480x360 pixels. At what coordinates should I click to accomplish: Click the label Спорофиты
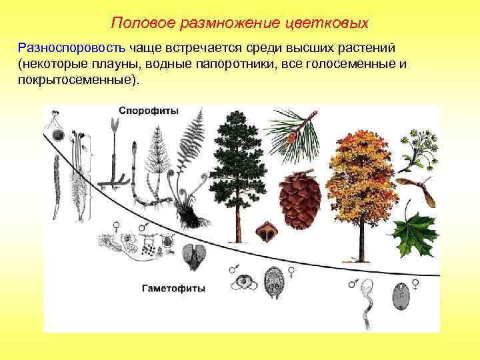[x=149, y=111]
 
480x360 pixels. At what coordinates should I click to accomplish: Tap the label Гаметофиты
[x=173, y=289]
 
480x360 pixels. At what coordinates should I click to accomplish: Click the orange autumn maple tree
[x=363, y=173]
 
